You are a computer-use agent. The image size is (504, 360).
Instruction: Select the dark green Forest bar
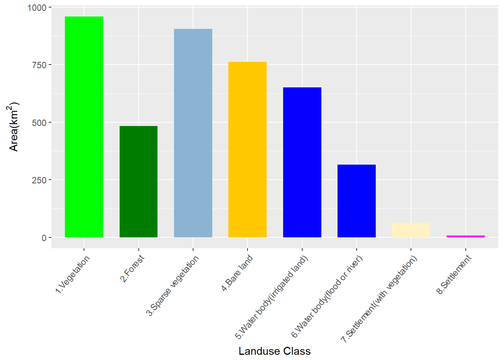pyautogui.click(x=138, y=181)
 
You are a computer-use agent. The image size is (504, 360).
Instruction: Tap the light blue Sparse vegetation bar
pyautogui.click(x=193, y=133)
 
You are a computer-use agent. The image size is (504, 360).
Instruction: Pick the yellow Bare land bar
pyautogui.click(x=247, y=150)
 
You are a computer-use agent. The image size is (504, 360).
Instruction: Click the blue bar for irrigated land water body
pyautogui.click(x=302, y=162)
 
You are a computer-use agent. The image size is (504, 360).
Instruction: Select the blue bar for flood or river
pyautogui.click(x=356, y=201)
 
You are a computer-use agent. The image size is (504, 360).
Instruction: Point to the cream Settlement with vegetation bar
pyautogui.click(x=411, y=230)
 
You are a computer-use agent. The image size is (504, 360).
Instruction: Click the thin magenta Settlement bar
pyautogui.click(x=465, y=236)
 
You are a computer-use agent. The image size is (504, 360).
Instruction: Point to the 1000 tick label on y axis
pyautogui.click(x=37, y=8)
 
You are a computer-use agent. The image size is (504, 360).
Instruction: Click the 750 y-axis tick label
pyautogui.click(x=39, y=65)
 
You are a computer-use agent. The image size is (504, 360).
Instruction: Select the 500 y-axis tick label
pyautogui.click(x=39, y=123)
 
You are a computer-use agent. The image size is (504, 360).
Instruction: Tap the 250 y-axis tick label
pyautogui.click(x=39, y=180)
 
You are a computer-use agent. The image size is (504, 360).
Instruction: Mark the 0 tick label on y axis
pyautogui.click(x=44, y=238)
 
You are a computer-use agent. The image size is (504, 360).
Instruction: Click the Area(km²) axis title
pyautogui.click(x=13, y=127)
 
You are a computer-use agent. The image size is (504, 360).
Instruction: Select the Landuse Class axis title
pyautogui.click(x=274, y=351)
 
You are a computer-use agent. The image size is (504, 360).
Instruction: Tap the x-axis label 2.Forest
pyautogui.click(x=132, y=268)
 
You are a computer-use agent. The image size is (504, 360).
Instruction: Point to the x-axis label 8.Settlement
pyautogui.click(x=454, y=274)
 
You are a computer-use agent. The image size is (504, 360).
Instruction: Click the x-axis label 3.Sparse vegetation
pyautogui.click(x=173, y=285)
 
